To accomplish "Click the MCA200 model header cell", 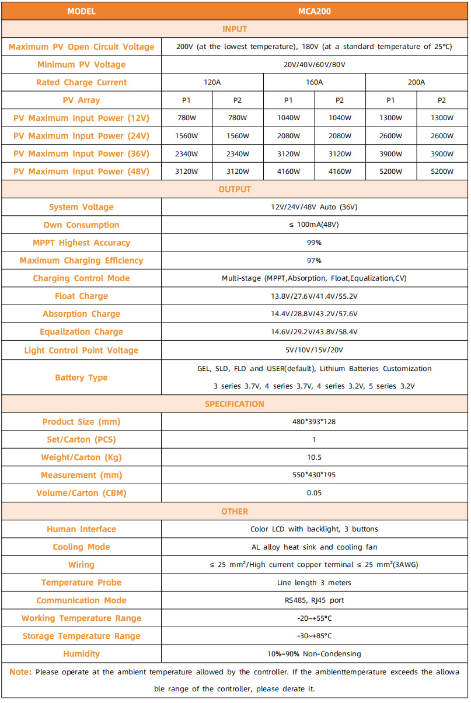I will pos(314,11).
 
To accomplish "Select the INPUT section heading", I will pos(235,29).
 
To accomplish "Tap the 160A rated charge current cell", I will pos(314,82).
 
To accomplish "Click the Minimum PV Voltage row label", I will pos(81,65).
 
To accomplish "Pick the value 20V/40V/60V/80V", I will pos(314,65).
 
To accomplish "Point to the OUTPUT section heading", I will pos(235,189).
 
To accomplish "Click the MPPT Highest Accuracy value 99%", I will pos(314,243).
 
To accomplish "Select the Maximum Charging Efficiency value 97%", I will pos(314,260).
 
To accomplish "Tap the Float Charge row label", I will pos(81,296).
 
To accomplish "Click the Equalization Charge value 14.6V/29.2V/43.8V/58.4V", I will pos(314,332).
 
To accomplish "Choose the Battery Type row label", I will pos(81,377).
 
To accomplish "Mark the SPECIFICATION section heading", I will pos(235,404).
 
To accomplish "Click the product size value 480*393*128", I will pos(314,422).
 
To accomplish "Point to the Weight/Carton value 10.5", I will pos(314,457).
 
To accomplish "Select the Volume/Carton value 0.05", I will pos(314,493).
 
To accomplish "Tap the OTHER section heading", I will pos(235,511).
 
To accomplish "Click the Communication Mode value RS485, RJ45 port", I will pos(314,600).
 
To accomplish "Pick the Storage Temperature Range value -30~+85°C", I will pos(314,636).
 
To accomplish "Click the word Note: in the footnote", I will pos(20,672).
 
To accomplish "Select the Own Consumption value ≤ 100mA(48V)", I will pos(314,225).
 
